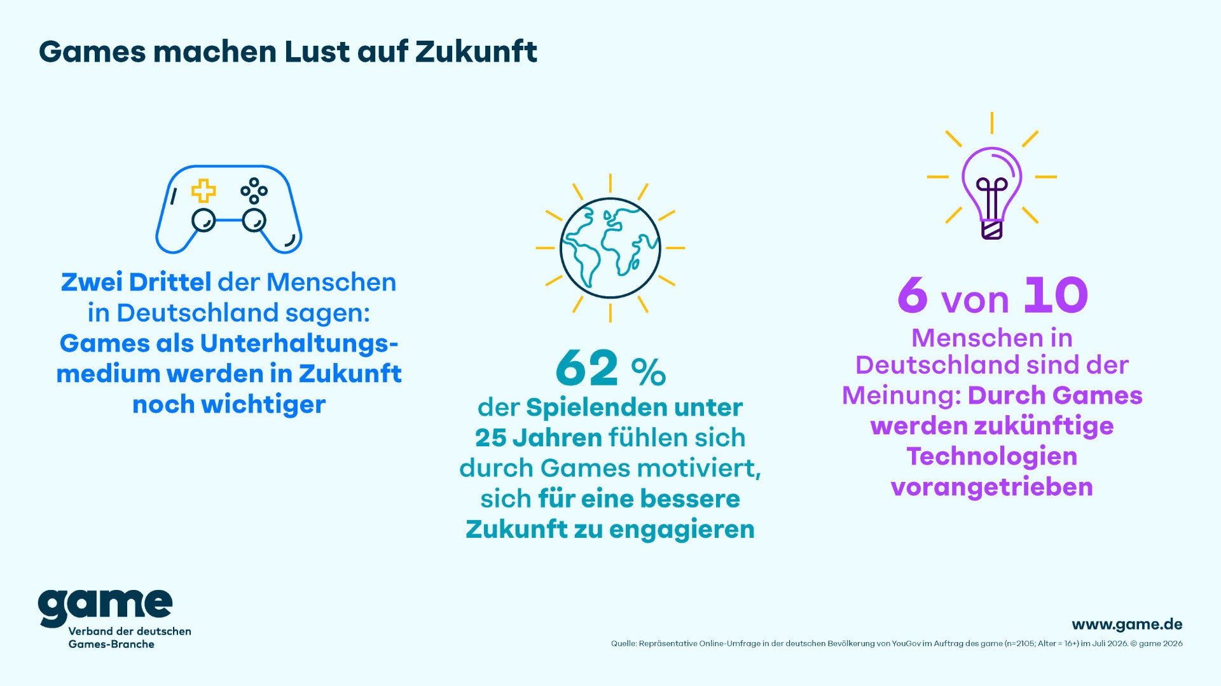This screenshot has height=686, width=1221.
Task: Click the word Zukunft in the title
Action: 476,51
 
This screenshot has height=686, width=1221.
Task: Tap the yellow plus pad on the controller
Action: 203,191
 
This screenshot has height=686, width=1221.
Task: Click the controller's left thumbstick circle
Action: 203,220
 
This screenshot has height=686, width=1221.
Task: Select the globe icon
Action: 610,248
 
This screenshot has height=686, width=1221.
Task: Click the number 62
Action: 586,368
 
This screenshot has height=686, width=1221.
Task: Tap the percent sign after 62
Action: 649,373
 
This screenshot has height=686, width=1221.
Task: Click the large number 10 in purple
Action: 1056,295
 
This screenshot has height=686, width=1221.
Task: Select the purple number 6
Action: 913,295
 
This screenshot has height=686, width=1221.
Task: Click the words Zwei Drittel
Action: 136,282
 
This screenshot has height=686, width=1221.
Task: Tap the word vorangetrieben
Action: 992,487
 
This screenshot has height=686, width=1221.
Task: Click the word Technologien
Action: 992,456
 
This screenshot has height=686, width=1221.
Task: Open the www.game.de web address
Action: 1128,624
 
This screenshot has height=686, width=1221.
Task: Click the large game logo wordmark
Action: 106,607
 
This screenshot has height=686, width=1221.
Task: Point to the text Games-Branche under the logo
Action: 111,644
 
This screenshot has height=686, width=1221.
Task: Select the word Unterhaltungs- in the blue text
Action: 300,343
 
